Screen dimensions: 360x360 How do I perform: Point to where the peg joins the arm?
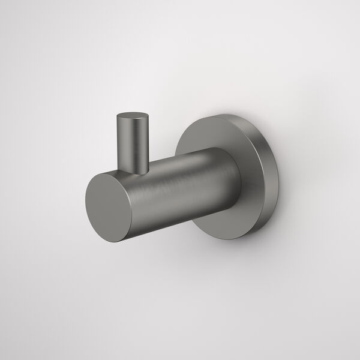pos(136,169)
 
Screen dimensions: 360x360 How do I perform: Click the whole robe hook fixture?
pos(180,180)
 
